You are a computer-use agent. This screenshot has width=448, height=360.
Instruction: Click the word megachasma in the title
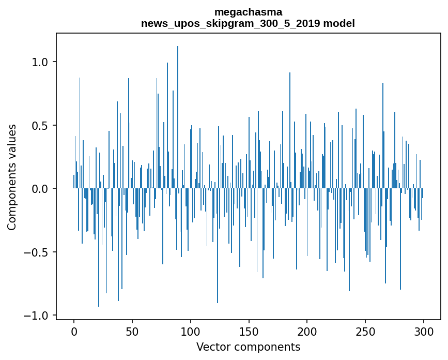[x=248, y=12]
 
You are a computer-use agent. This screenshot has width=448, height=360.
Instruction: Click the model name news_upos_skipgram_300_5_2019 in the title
[x=230, y=23]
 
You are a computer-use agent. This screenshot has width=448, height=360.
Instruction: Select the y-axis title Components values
[x=12, y=177]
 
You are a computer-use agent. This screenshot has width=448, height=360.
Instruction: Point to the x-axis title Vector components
[x=248, y=347]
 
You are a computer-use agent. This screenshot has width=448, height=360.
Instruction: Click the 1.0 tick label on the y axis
[x=40, y=62]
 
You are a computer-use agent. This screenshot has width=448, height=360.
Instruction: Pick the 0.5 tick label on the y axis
[x=40, y=126]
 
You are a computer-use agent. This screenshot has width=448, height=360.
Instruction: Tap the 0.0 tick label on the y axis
[x=40, y=189]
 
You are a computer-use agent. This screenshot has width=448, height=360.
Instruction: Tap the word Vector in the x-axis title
[x=212, y=347]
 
